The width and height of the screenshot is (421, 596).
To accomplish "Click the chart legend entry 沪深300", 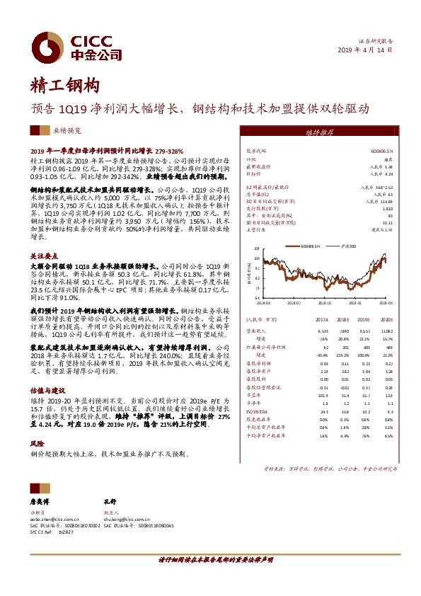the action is pos(347,246).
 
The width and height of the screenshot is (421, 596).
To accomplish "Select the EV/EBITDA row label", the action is pos(256,411).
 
